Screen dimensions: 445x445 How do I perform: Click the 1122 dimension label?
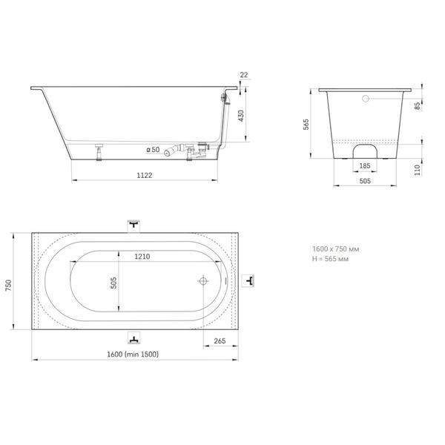click(145, 175)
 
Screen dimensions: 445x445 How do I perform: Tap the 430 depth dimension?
click(241, 116)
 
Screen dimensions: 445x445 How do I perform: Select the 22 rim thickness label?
click(244, 75)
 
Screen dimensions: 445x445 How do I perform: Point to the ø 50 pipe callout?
click(154, 150)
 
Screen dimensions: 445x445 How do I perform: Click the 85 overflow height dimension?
click(417, 106)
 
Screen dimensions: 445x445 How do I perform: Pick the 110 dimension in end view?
click(417, 171)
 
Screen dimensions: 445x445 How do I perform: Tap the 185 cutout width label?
click(365, 165)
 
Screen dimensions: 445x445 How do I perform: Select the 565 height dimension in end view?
click(306, 125)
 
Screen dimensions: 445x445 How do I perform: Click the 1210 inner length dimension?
click(142, 257)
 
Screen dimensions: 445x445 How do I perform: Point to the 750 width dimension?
click(8, 286)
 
